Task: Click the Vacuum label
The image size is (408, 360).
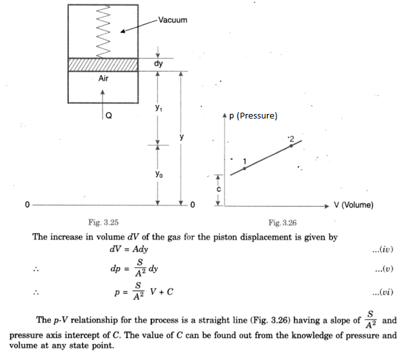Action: tap(173, 20)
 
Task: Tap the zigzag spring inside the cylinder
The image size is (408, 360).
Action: tap(103, 32)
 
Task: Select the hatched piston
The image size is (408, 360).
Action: tap(103, 64)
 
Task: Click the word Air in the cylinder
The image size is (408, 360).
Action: tap(103, 78)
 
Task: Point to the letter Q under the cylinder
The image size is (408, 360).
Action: tap(109, 115)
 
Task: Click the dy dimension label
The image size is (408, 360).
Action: tap(159, 64)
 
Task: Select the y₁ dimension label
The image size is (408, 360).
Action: tap(159, 108)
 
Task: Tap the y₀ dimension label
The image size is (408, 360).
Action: tap(159, 174)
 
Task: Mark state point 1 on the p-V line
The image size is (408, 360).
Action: tap(244, 169)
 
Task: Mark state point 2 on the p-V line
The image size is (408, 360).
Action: tap(291, 146)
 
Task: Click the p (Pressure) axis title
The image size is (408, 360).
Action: tap(253, 116)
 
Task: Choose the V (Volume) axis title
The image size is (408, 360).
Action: tap(354, 205)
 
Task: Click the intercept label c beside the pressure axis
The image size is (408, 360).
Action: tap(219, 189)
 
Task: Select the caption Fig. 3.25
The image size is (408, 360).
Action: tap(103, 222)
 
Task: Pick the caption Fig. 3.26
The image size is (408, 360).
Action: tap(282, 223)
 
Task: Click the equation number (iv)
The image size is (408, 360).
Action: tap(382, 249)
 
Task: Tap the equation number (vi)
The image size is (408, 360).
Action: tap(382, 292)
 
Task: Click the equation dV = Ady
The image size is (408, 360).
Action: tap(129, 249)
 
